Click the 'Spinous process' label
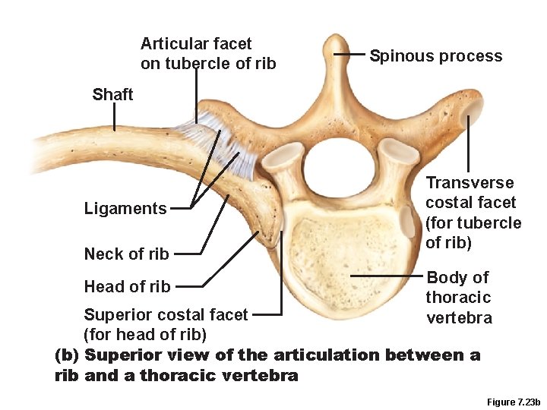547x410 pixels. (x=435, y=56)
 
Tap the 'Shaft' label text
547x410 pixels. (x=112, y=95)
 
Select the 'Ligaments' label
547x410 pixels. (x=125, y=209)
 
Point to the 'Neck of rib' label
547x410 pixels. (x=126, y=254)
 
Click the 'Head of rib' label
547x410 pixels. (x=127, y=287)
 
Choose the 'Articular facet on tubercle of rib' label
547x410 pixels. (x=207, y=53)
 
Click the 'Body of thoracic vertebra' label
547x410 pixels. (x=458, y=298)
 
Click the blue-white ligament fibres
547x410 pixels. (x=220, y=140)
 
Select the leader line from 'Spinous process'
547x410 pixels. (x=351, y=55)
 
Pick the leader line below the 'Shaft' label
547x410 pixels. (x=115, y=117)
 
